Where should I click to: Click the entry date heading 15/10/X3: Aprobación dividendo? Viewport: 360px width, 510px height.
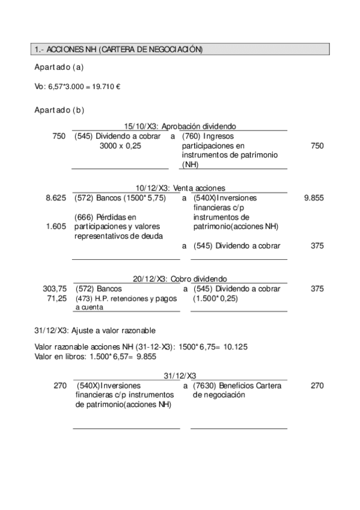[x=180, y=126]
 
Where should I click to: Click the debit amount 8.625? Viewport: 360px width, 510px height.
[x=56, y=197]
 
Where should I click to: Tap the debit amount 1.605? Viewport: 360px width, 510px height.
[x=56, y=227]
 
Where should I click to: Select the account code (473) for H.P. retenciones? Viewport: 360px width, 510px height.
[x=85, y=298]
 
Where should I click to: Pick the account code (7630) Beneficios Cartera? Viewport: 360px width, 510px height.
[x=206, y=386]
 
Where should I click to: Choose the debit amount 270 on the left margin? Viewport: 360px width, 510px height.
[x=59, y=386]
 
